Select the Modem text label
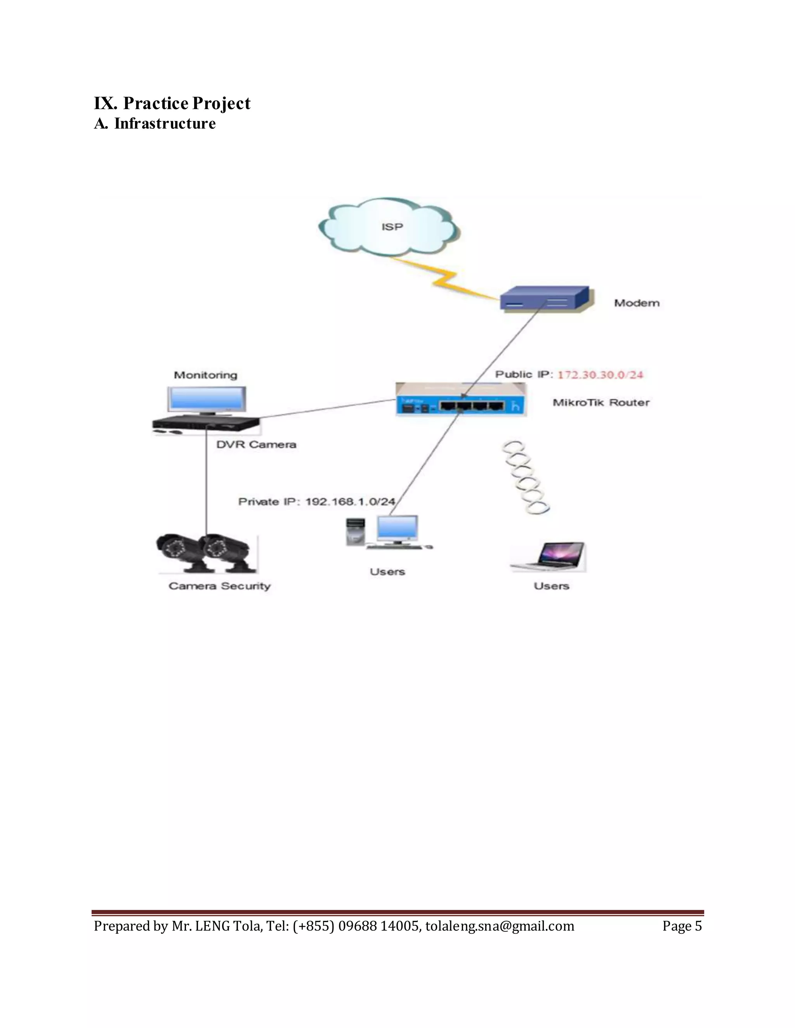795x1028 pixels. tap(636, 303)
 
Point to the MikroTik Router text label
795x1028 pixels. tap(601, 402)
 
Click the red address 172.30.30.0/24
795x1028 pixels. tap(600, 375)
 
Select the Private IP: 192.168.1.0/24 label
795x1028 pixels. tap(316, 502)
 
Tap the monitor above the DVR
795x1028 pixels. tap(206, 400)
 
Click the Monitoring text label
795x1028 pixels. tap(205, 375)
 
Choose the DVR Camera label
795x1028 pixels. tap(256, 444)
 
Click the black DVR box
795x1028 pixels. tap(205, 424)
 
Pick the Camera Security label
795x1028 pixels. tap(219, 586)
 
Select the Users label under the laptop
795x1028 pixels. tap(552, 586)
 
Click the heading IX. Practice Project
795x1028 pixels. tap(172, 103)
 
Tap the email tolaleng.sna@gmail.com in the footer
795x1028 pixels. tap(500, 926)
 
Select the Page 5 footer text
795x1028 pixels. tap(682, 926)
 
